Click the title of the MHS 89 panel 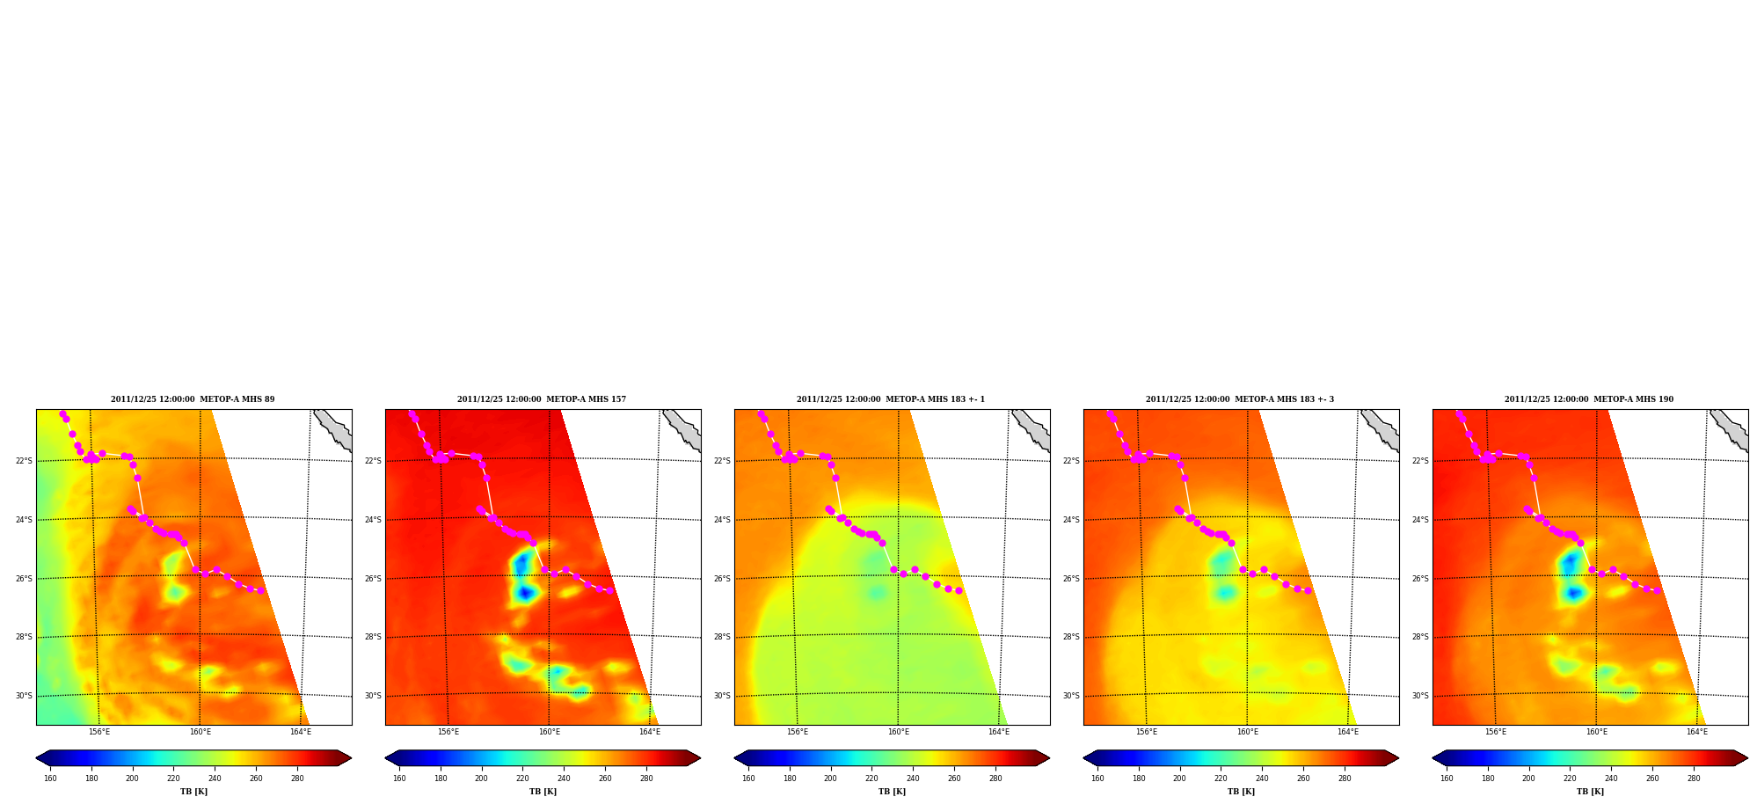point(193,399)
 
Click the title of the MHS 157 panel point(542,399)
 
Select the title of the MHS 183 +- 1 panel point(891,399)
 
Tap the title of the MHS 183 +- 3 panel point(1240,399)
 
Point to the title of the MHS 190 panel point(1589,399)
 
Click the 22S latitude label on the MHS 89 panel point(24,461)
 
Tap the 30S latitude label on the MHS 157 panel point(373,696)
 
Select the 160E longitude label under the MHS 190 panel point(1596,732)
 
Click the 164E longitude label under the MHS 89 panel point(301,732)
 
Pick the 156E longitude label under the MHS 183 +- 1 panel point(798,732)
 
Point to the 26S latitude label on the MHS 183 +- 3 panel point(1071,579)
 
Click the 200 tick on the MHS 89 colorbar point(132,778)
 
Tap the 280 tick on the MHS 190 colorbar point(1694,778)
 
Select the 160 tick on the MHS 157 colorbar point(399,778)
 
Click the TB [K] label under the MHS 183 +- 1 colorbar point(892,792)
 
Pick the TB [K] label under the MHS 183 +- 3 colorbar point(1241,792)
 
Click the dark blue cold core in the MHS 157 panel point(525,594)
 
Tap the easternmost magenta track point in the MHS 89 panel point(260,590)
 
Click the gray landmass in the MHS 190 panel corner point(1731,428)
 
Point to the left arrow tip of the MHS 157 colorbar point(386,758)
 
